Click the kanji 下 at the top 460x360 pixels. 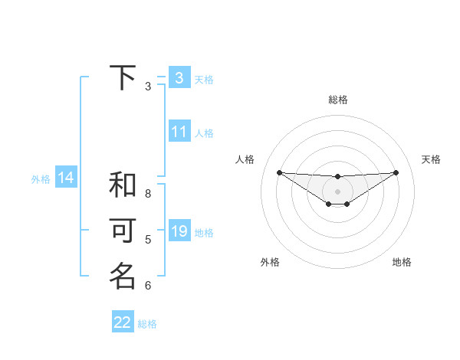pos(123,78)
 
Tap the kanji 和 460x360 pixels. pos(123,185)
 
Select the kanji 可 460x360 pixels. pos(123,231)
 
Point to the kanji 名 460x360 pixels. pos(123,277)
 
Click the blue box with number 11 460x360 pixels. pos(179,132)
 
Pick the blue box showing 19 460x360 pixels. pos(179,231)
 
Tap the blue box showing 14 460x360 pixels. pos(66,178)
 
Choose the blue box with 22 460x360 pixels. pos(123,322)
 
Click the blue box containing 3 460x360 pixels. pos(179,78)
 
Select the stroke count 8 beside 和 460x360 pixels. pos(148,194)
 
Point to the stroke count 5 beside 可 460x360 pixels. pos(148,240)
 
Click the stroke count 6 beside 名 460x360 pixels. pos(148,286)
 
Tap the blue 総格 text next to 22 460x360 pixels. pos(147,324)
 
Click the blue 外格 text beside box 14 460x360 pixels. pos(41,179)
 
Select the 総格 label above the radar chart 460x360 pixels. pos(337,100)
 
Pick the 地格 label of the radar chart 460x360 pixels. pos(402,262)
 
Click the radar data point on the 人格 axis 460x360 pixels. pos(279,172)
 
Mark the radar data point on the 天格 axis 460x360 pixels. pos(396,172)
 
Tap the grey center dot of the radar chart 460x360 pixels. pos(337,191)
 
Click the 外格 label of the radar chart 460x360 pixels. pos(270,262)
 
